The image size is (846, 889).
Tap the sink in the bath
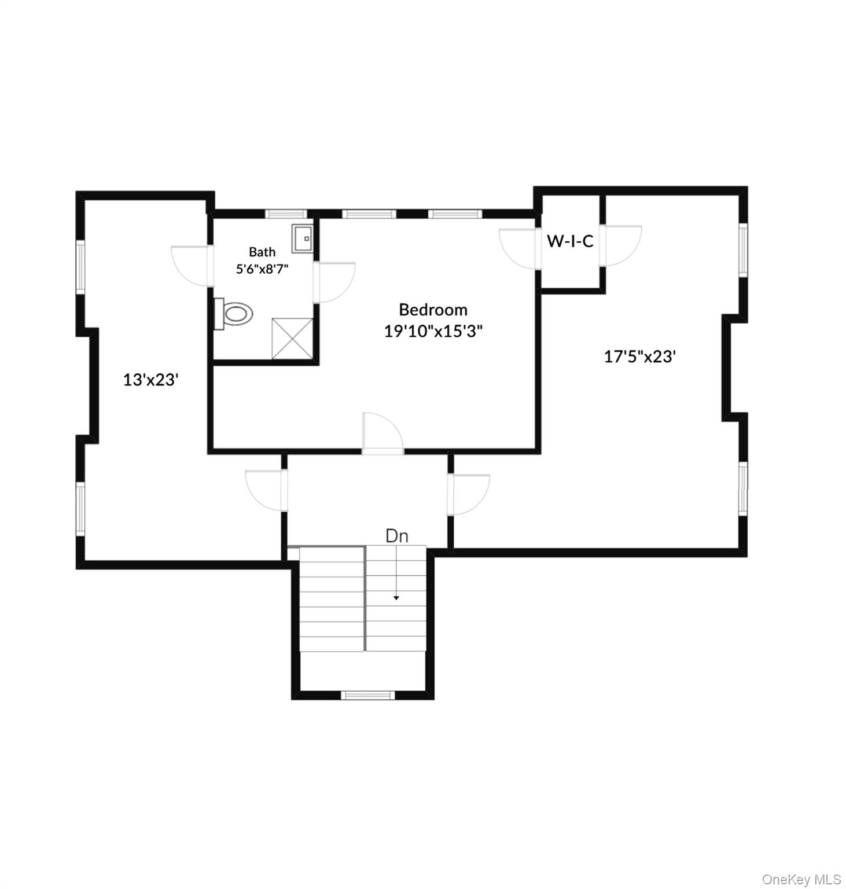302,238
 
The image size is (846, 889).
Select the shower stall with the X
292,338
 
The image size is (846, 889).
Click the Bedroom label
433,310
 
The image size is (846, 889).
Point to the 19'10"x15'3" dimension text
433,331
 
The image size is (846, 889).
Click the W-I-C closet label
570,241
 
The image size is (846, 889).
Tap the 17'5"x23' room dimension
639,357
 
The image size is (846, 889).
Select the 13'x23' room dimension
150,380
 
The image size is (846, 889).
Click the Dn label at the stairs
397,536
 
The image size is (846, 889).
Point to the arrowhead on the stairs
396,597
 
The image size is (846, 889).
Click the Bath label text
262,252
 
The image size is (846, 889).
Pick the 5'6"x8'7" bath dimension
262,269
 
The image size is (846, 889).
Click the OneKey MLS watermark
801,880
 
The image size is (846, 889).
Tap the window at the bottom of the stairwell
367,695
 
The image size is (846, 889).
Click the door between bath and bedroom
333,282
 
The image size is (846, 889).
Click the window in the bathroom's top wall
285,214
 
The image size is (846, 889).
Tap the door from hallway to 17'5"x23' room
470,494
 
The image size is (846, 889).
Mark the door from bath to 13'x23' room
192,266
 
